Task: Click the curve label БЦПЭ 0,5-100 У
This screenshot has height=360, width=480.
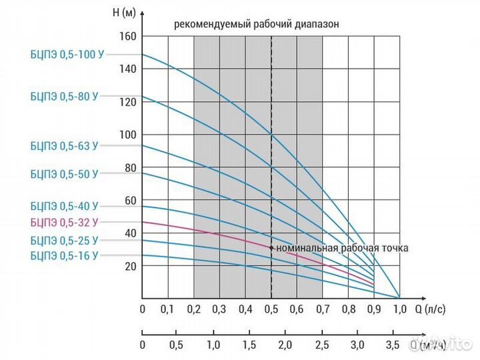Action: tap(64, 55)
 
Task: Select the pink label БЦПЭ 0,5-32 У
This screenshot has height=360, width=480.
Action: tap(64, 223)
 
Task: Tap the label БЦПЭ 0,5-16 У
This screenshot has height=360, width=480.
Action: tap(64, 255)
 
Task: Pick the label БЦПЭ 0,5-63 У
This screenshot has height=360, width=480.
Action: tap(64, 145)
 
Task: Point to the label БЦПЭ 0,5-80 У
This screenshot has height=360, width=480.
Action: tap(64, 96)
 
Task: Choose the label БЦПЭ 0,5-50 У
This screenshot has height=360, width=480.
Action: tap(64, 174)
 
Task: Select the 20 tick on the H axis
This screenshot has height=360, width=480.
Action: tap(130, 266)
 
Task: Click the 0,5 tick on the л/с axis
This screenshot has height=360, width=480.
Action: tap(271, 309)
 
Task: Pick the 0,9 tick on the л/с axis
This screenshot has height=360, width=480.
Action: tap(374, 309)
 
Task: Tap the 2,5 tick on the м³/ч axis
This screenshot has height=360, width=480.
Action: tap(322, 345)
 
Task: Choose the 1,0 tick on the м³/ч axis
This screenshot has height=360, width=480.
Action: tap(213, 345)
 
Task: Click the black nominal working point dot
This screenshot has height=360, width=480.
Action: tap(271, 247)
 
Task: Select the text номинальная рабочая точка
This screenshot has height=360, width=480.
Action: tap(342, 248)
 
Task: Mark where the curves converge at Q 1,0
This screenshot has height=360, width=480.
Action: tap(399, 297)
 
